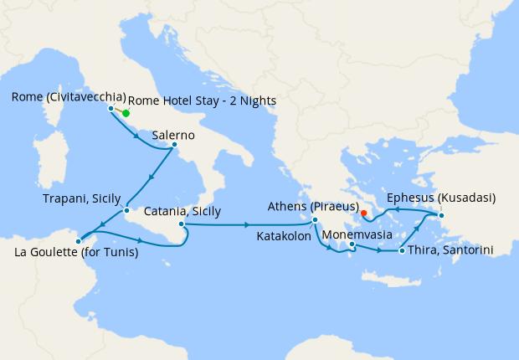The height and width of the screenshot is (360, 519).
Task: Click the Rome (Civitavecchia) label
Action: click(x=69, y=97)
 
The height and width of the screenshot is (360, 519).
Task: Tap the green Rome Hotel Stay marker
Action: click(x=126, y=113)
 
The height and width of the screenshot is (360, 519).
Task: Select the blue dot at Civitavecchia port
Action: click(x=110, y=108)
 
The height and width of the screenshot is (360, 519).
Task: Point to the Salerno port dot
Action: click(x=174, y=144)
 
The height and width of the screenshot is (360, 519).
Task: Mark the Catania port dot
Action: click(x=181, y=224)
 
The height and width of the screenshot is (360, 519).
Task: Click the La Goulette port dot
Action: click(x=78, y=241)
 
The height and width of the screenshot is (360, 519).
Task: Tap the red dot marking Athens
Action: click(x=363, y=213)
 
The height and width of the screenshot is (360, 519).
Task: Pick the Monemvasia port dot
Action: click(x=352, y=244)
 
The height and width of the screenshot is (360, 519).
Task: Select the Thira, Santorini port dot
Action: click(x=403, y=251)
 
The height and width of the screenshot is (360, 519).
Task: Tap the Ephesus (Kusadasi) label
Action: click(x=440, y=198)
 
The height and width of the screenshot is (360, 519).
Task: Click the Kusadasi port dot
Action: click(x=442, y=216)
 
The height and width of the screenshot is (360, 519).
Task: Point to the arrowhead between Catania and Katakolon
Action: click(x=247, y=224)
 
